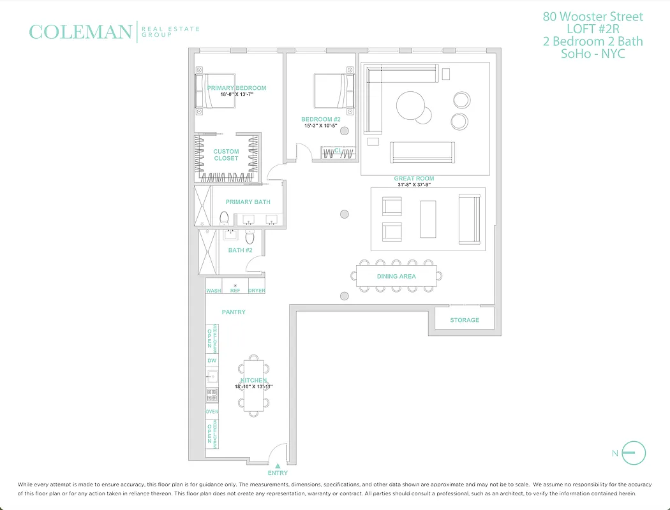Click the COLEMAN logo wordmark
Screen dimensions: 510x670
pos(80,32)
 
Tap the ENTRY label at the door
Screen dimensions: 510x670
pos(278,473)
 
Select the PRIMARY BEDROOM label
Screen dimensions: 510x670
pos(236,88)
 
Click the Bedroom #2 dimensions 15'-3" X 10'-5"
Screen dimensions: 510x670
pos(320,126)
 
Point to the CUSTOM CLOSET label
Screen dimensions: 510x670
pos(226,155)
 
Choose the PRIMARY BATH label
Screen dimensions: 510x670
pos(248,202)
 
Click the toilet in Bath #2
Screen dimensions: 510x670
pos(249,238)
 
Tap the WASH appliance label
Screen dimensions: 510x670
pos(213,291)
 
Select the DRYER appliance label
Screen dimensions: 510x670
pos(257,291)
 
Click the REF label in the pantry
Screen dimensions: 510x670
pos(235,291)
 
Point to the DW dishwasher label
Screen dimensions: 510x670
pos(212,361)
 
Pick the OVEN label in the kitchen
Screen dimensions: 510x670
pos(212,412)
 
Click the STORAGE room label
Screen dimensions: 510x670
pos(464,320)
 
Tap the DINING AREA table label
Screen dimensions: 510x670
pos(396,277)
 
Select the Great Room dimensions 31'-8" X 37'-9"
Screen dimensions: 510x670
pos(414,186)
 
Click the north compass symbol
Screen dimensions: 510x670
pos(633,453)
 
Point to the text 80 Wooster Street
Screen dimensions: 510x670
pos(593,17)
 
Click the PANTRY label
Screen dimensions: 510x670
pos(234,312)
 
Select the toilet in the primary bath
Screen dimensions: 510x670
pos(224,218)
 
